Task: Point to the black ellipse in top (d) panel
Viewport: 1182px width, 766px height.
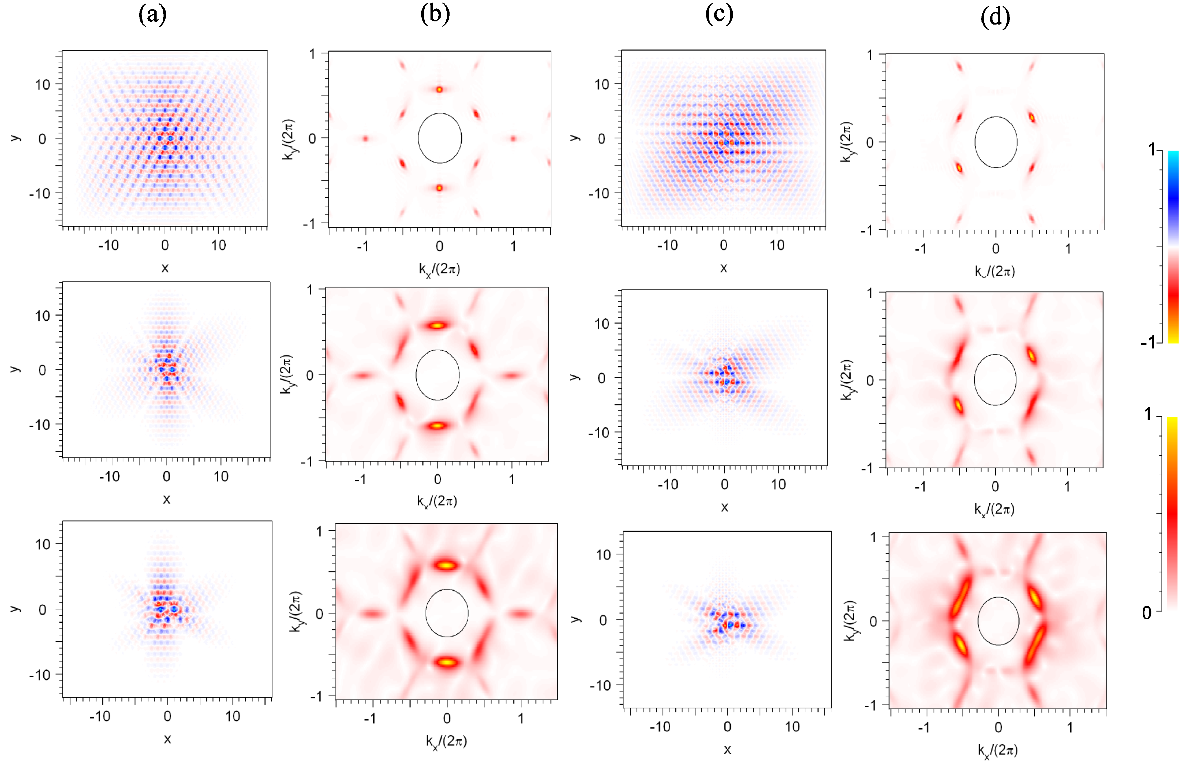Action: pyautogui.click(x=996, y=142)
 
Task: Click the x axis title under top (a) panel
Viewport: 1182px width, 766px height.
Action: pyautogui.click(x=165, y=268)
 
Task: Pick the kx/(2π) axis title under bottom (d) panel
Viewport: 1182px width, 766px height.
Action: pyautogui.click(x=997, y=750)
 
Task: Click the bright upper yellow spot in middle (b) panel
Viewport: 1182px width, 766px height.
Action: pyautogui.click(x=437, y=326)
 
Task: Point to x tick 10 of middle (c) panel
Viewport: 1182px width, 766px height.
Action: pyautogui.click(x=778, y=484)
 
